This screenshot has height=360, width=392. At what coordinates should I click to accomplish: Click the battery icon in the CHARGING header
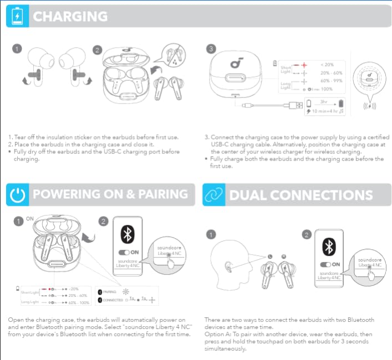17,16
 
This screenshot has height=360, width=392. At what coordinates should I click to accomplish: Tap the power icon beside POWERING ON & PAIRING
17,195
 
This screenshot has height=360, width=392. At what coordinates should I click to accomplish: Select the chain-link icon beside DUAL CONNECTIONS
213,195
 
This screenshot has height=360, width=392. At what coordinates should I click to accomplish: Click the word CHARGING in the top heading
70,16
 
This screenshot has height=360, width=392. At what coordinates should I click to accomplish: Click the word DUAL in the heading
247,195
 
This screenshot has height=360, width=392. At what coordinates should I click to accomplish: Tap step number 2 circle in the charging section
98,50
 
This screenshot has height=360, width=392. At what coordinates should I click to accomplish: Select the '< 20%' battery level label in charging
327,65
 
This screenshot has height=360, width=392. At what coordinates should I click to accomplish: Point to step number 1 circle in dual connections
211,234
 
